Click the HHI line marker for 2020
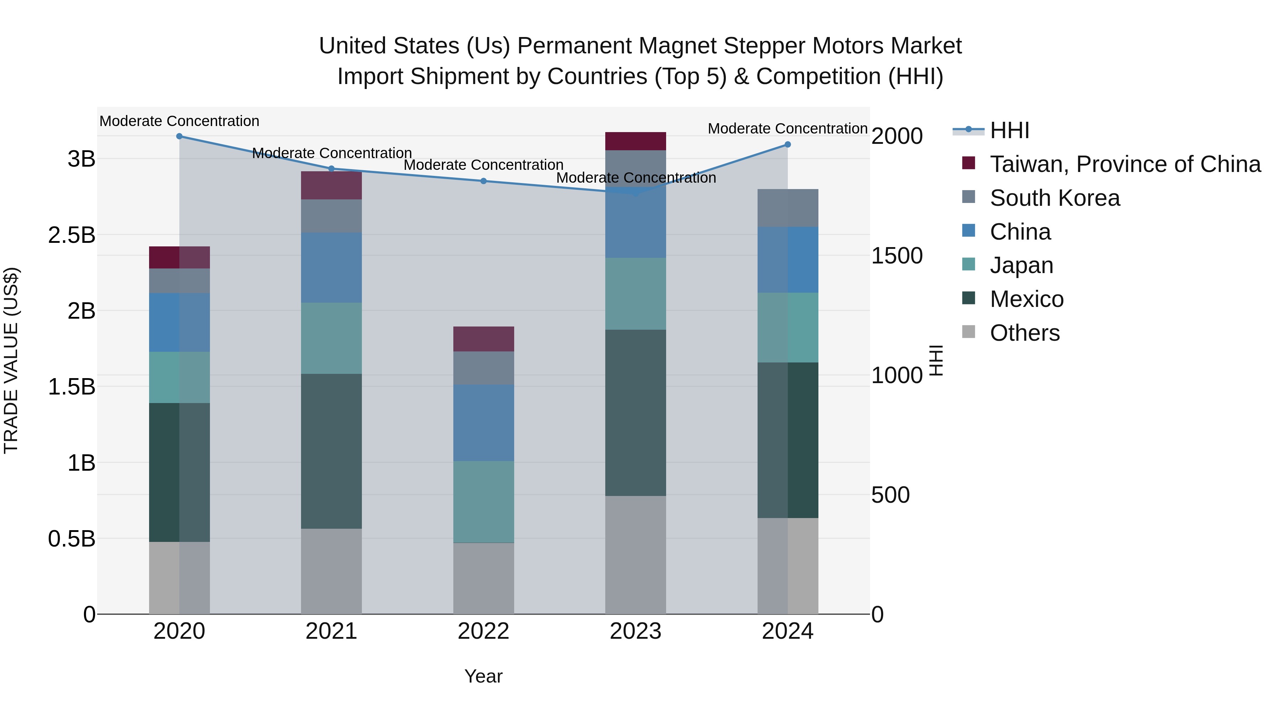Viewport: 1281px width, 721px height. click(180, 136)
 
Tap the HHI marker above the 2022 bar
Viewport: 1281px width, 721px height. click(483, 181)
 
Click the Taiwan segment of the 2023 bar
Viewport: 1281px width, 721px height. click(636, 141)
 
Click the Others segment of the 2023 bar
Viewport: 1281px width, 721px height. click(636, 555)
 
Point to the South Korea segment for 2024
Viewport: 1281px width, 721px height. click(788, 208)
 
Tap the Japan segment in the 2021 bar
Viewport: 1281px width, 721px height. click(331, 338)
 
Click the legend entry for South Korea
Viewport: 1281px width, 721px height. click(1054, 198)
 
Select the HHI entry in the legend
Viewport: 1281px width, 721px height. click(1009, 130)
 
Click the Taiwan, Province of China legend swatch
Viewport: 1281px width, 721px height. click(969, 163)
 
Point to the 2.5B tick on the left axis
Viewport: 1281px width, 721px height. click(72, 235)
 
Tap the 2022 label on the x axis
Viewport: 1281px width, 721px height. click(483, 631)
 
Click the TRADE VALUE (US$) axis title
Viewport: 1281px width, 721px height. click(11, 360)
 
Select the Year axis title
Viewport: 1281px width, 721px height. click(483, 676)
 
